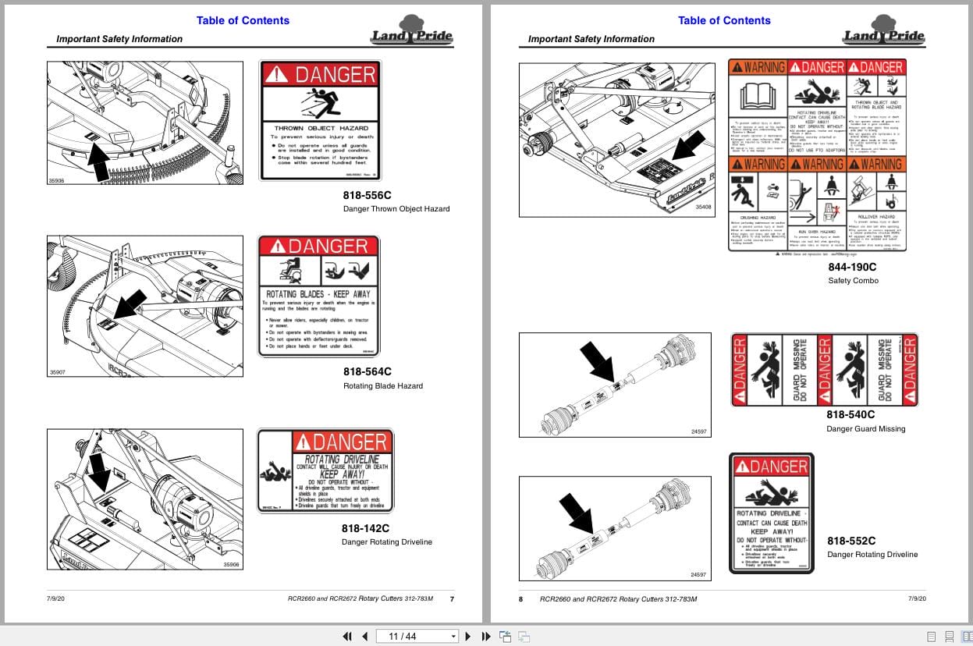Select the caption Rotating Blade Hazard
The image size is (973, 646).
point(382,386)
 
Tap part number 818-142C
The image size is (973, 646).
point(365,528)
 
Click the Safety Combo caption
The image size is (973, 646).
point(853,281)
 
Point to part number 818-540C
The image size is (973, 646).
point(850,415)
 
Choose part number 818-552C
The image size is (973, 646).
point(851,541)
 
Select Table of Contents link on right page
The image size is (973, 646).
point(724,21)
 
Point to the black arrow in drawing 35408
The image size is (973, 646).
point(687,146)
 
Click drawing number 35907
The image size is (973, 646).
point(58,372)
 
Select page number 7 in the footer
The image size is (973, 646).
point(452,599)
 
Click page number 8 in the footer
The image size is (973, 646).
point(521,599)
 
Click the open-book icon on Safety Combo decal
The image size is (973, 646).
point(757,96)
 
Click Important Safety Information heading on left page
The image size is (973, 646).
point(119,39)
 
